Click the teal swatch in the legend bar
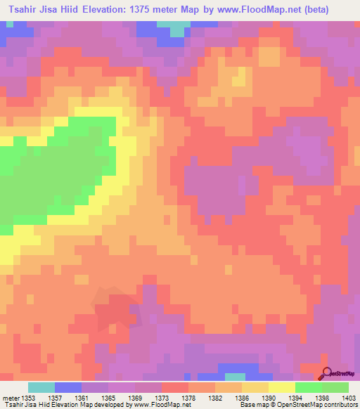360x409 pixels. (41, 387)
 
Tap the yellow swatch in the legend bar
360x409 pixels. (282, 387)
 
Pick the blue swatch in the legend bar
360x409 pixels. (68, 387)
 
